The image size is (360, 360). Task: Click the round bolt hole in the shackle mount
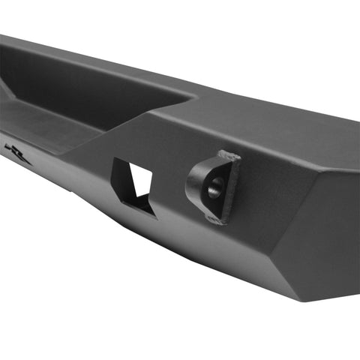[213, 189]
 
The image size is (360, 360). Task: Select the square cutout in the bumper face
[133, 184]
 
